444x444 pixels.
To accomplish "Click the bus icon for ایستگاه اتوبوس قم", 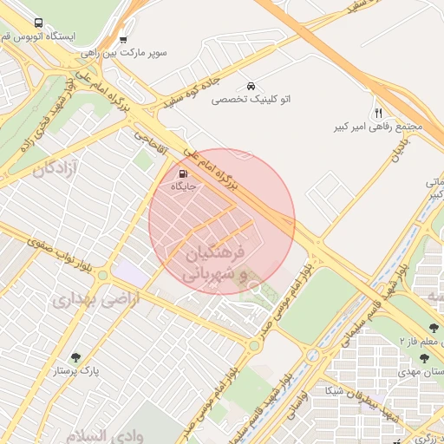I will coord(37,23).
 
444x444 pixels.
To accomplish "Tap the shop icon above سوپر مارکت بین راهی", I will coord(122,39).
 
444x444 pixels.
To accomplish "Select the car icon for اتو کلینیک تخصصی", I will coord(251,86).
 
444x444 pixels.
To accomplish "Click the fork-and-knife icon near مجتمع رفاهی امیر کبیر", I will coord(378,113).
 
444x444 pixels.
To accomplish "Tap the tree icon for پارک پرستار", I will coord(75,356).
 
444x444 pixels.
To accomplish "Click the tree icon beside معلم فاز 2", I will coord(434,328).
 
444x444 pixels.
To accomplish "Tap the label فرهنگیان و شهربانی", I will coord(212,263).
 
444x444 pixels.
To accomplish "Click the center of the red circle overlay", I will coord(222,221).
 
